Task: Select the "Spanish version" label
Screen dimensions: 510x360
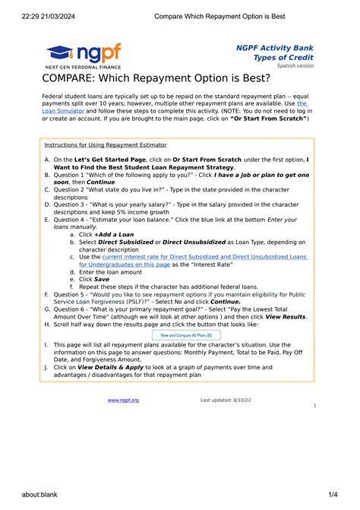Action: pyautogui.click(x=296, y=66)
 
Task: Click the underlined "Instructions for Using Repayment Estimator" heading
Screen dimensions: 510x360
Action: pyautogui.click(x=106, y=145)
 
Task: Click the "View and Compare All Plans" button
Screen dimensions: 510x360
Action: pyautogui.click(x=186, y=334)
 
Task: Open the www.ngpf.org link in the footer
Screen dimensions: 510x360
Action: pyautogui.click(x=123, y=400)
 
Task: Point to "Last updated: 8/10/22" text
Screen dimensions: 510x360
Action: pyautogui.click(x=225, y=400)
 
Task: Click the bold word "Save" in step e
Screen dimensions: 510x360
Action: pyautogui.click(x=101, y=279)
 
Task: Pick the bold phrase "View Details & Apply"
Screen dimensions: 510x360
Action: pyautogui.click(x=109, y=367)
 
